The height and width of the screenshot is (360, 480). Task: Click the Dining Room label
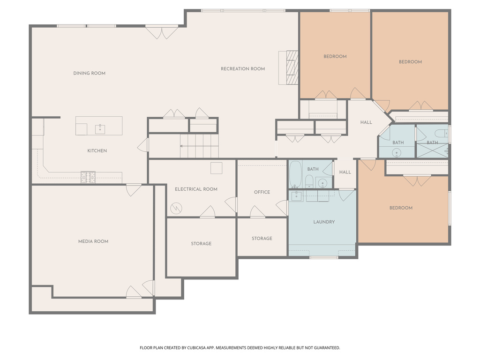tap(89, 73)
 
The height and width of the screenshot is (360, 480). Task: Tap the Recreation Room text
tap(243, 69)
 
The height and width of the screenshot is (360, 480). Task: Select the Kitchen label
tap(97, 150)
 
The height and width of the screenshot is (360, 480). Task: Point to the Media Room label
tap(93, 241)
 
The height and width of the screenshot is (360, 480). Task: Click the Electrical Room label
tap(196, 189)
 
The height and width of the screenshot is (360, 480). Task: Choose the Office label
tap(262, 192)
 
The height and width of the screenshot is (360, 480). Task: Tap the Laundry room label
tap(324, 222)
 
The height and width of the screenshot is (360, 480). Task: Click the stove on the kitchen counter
tap(88, 177)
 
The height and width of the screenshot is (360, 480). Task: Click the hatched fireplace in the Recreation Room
tap(292, 67)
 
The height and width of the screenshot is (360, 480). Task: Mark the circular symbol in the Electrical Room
tap(177, 207)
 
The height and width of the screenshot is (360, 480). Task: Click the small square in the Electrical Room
tap(216, 168)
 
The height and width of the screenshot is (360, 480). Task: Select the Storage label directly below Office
tap(262, 239)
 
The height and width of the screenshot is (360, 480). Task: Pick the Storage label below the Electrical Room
tap(201, 244)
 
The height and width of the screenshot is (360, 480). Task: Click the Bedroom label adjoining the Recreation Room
tap(335, 57)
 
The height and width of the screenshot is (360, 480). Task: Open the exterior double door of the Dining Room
tap(161, 31)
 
